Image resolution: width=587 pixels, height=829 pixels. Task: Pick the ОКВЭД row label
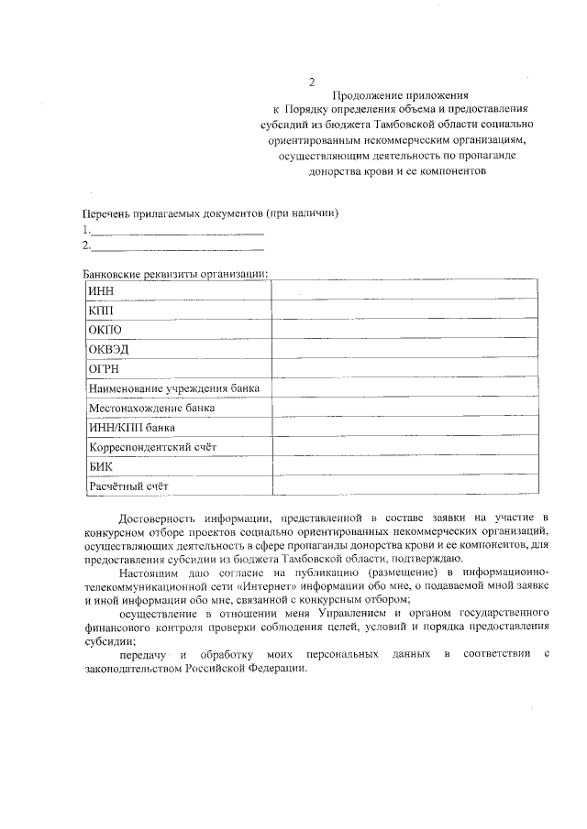coord(107,350)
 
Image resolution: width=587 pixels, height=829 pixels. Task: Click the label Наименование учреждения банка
coord(173,389)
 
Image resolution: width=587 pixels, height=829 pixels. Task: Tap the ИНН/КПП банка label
coord(131,428)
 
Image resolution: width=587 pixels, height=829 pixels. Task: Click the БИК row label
coord(100,467)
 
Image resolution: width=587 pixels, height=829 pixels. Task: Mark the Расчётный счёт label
coord(129,486)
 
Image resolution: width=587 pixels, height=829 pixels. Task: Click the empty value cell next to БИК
coord(404,467)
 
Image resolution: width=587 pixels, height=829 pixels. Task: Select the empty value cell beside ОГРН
coord(404,369)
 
